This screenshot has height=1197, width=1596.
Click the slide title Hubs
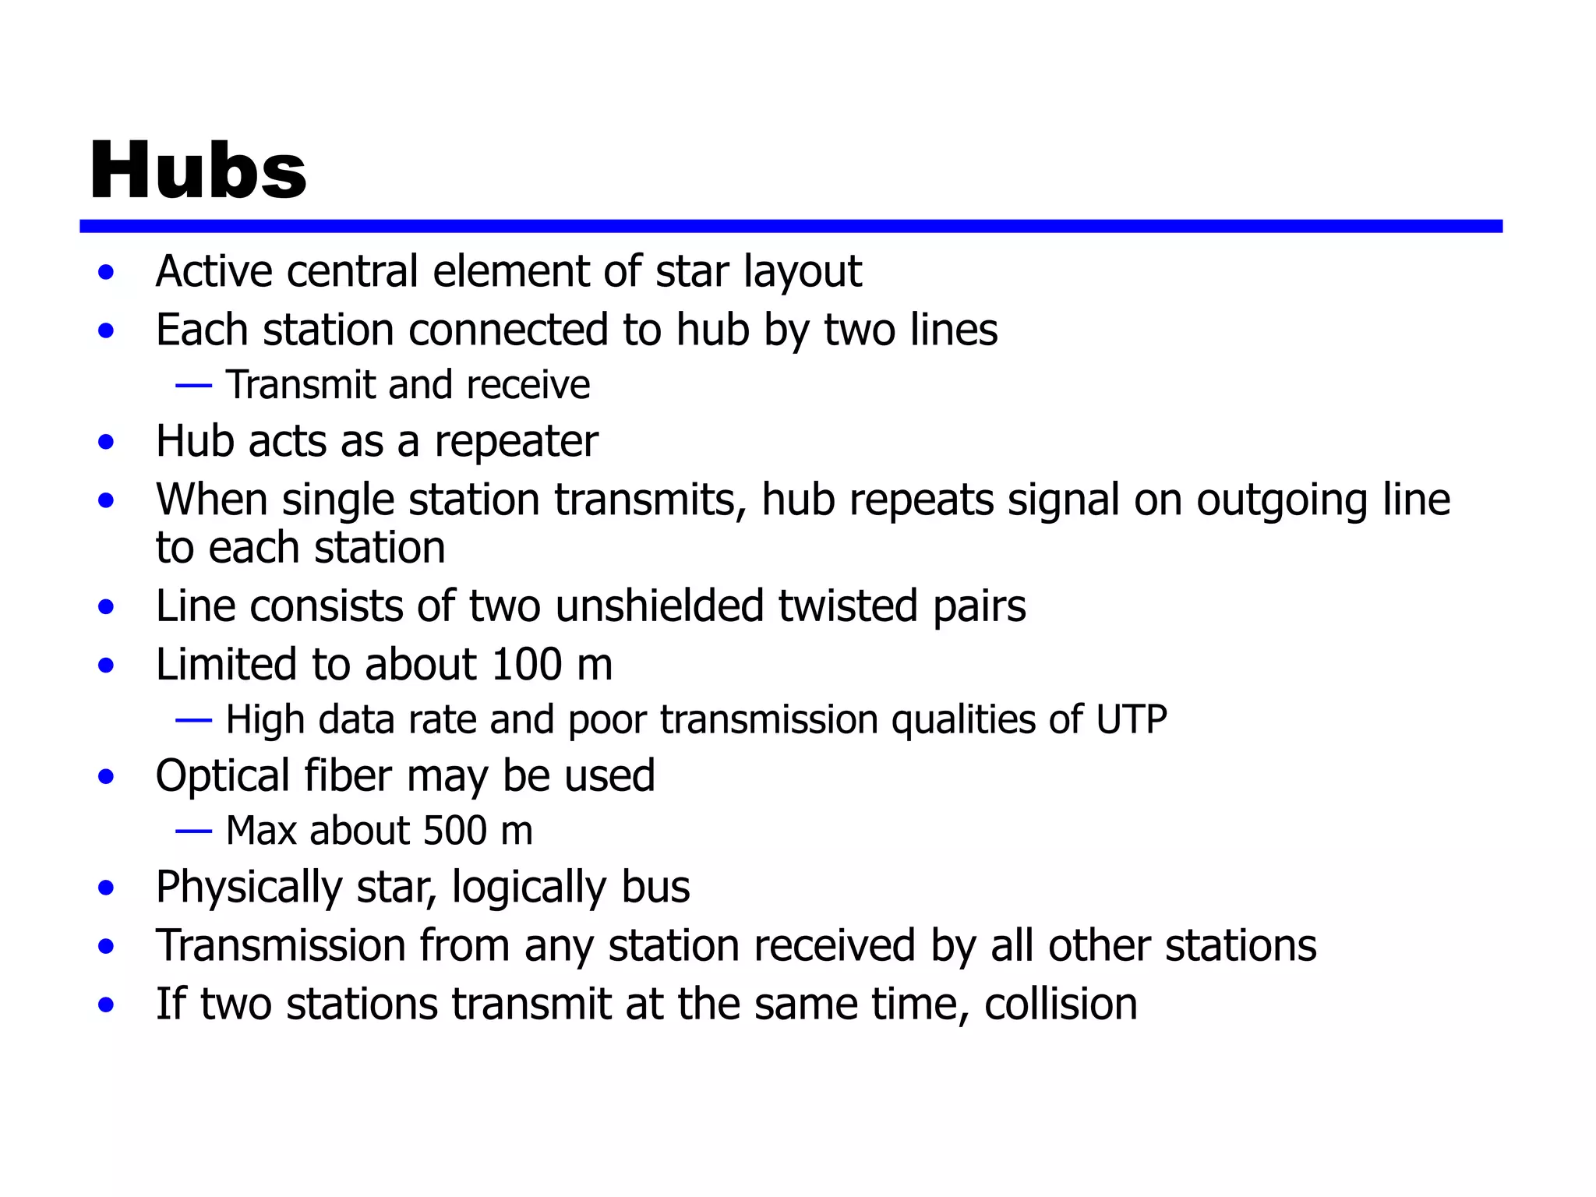pyautogui.click(x=198, y=171)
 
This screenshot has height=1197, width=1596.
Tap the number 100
pyautogui.click(x=527, y=665)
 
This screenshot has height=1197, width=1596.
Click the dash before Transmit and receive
pyautogui.click(x=194, y=385)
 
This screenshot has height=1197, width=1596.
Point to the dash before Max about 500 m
pyautogui.click(x=194, y=832)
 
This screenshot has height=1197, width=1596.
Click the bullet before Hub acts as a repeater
pyautogui.click(x=107, y=443)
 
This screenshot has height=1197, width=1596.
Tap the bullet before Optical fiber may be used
pyautogui.click(x=107, y=777)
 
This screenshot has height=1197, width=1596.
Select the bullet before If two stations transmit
pyautogui.click(x=107, y=1005)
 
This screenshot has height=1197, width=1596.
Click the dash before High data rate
pyautogui.click(x=194, y=720)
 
